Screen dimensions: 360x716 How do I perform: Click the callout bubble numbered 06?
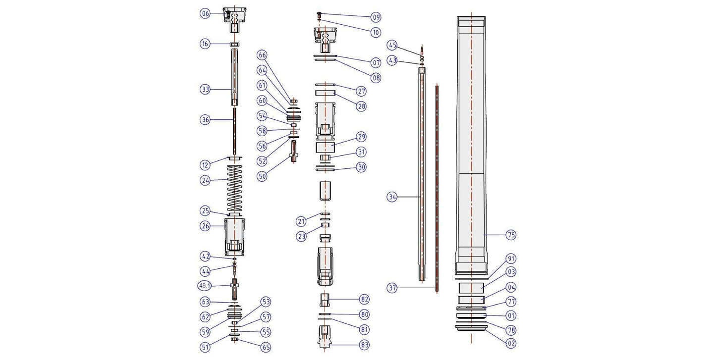pyautogui.click(x=205, y=13)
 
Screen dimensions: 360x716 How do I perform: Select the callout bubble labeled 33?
pyautogui.click(x=205, y=90)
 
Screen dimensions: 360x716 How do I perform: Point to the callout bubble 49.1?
pyautogui.click(x=205, y=286)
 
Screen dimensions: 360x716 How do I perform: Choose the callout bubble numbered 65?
pyautogui.click(x=266, y=347)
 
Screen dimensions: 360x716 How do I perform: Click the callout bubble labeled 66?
pyautogui.click(x=262, y=54)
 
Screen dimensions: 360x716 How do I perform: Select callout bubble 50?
pyautogui.click(x=262, y=176)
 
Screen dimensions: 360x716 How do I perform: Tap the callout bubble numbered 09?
pyautogui.click(x=376, y=17)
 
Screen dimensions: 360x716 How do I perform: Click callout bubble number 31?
pyautogui.click(x=362, y=152)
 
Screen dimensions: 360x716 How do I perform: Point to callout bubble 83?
pyautogui.click(x=365, y=344)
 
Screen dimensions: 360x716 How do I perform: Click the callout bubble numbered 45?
pyautogui.click(x=392, y=45)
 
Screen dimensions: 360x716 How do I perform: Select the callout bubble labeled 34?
pyautogui.click(x=392, y=197)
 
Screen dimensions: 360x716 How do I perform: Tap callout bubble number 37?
pyautogui.click(x=392, y=288)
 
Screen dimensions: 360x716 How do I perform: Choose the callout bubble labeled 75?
pyautogui.click(x=511, y=235)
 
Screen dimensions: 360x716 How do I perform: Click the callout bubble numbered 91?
pyautogui.click(x=511, y=258)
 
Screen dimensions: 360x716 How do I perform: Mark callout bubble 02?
pyautogui.click(x=511, y=343)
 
